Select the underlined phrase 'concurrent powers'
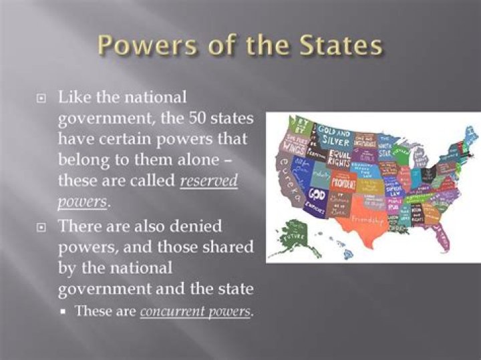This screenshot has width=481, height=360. [x=196, y=311]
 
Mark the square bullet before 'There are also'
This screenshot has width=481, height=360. [x=41, y=227]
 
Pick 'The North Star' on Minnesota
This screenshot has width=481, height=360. [x=385, y=147]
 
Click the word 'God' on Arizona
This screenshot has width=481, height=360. [x=317, y=193]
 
